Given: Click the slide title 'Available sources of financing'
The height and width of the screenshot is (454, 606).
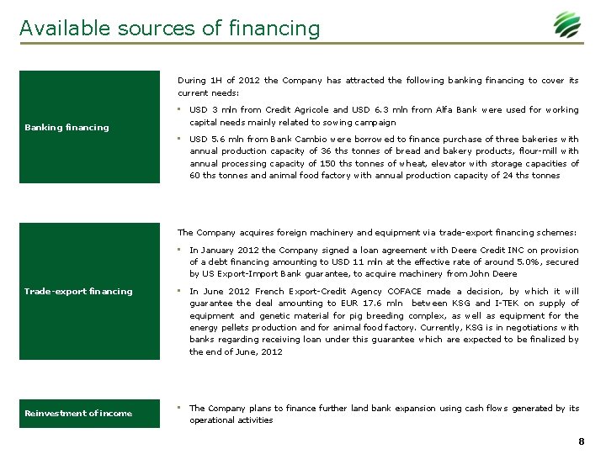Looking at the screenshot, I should point(170,29).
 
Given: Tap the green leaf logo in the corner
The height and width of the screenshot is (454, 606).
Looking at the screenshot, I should point(566,25).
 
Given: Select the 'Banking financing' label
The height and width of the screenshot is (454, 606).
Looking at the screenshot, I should point(66,128).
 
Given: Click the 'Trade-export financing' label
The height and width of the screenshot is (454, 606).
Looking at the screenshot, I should point(78,292).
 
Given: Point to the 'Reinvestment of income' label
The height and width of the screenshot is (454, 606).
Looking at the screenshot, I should point(78,414).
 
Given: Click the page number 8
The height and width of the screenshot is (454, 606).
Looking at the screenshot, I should point(582,441).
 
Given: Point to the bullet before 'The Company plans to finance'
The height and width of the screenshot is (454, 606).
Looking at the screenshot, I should point(180,408).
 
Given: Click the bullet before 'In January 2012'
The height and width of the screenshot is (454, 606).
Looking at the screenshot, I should point(180,250).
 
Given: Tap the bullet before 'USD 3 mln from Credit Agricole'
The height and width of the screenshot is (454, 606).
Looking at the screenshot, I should point(180,109).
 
